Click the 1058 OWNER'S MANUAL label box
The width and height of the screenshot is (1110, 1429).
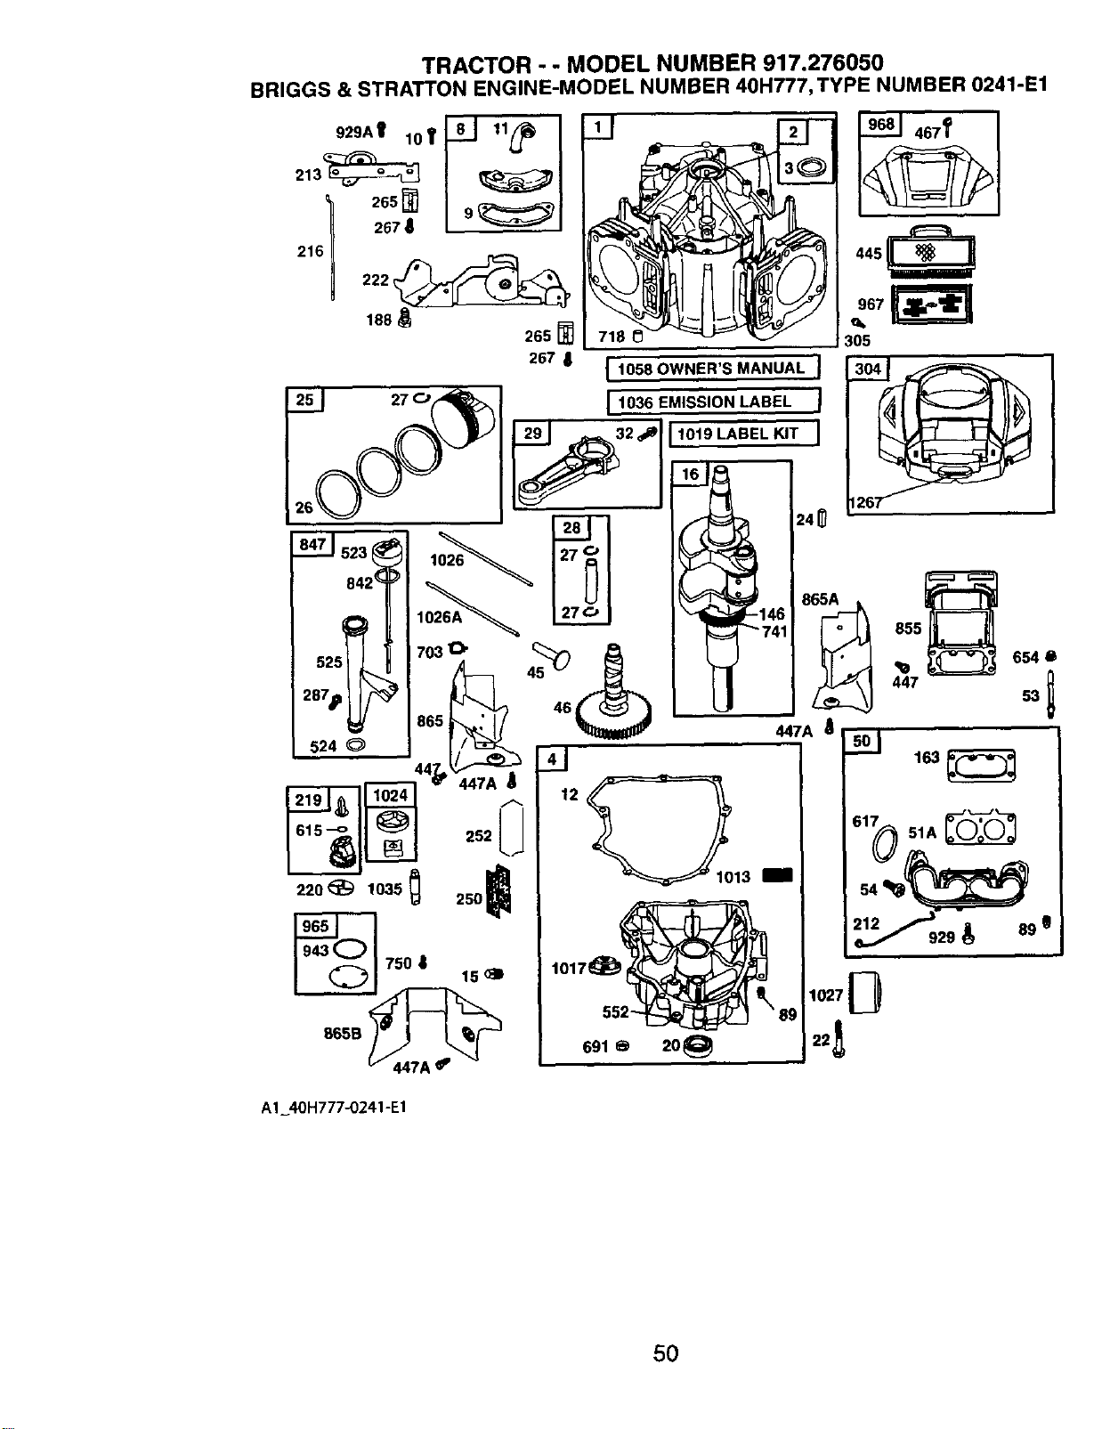(x=713, y=369)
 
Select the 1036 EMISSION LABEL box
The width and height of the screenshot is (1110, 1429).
(x=715, y=402)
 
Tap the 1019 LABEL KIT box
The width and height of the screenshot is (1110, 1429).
(x=744, y=434)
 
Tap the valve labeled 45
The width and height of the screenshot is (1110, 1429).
(x=552, y=655)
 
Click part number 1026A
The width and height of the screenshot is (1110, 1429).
(x=439, y=617)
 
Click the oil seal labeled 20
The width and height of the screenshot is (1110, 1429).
(x=697, y=1045)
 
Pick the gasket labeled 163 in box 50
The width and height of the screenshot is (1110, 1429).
(x=981, y=766)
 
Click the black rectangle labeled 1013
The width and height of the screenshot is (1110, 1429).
(x=777, y=875)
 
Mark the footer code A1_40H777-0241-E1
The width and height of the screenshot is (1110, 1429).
(x=334, y=1108)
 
